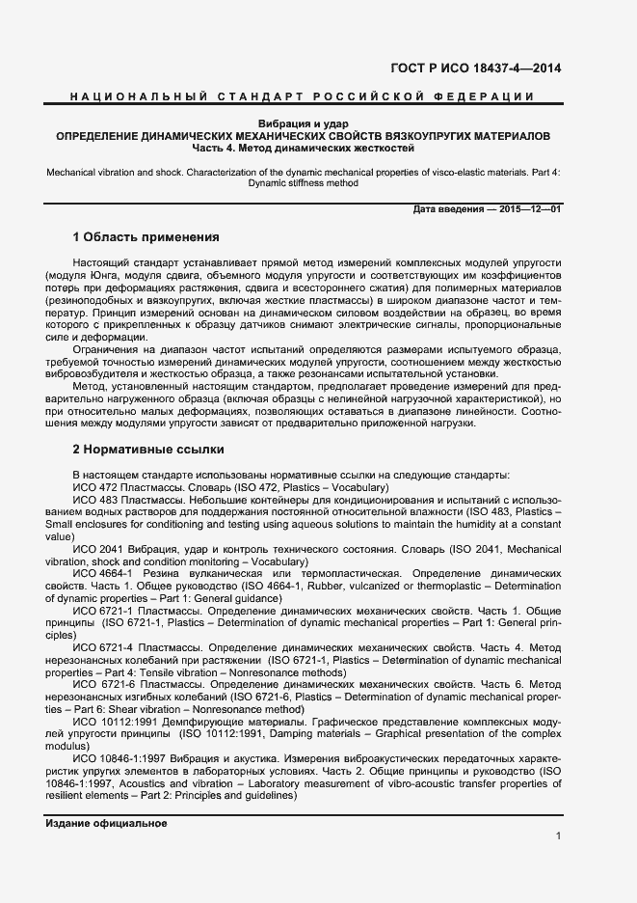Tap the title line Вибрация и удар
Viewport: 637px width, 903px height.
(304, 124)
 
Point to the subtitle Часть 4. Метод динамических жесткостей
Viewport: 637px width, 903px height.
(304, 150)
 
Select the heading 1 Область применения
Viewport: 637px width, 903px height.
(146, 237)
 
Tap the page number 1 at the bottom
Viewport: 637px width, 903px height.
(558, 836)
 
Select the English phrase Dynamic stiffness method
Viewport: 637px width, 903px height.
(303, 183)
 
